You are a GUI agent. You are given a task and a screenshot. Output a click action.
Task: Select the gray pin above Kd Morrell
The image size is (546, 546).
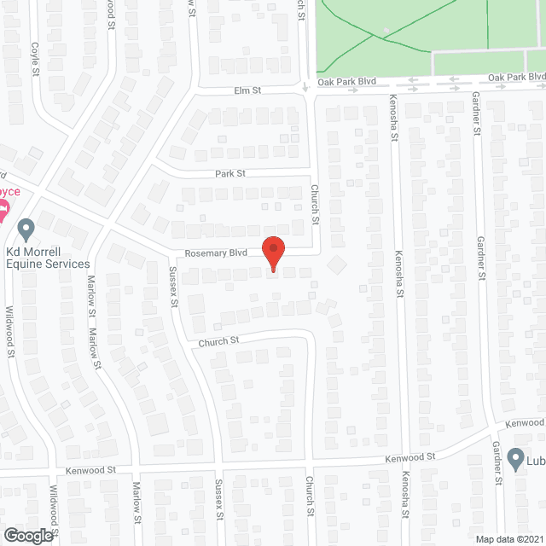[26, 229]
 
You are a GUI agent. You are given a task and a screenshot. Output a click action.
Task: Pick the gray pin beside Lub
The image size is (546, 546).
[515, 460]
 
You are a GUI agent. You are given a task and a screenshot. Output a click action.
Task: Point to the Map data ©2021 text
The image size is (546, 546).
[509, 538]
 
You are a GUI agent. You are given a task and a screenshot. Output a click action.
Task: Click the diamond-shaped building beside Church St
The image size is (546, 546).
[338, 264]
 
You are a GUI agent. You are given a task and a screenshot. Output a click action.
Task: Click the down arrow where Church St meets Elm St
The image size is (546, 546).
[305, 87]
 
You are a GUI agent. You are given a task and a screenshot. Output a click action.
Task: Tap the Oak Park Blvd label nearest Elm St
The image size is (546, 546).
[346, 83]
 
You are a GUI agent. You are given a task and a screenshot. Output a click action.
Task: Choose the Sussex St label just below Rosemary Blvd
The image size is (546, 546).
[175, 287]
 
